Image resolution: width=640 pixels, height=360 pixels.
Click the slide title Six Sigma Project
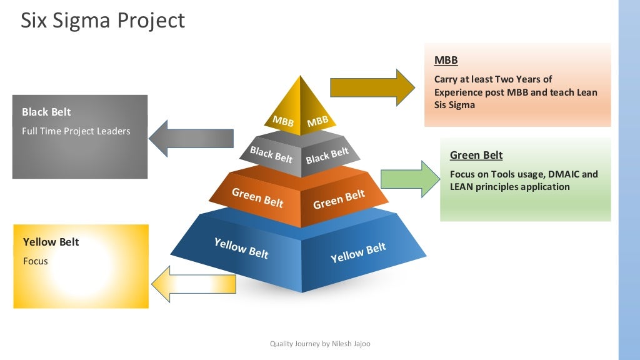point(103,21)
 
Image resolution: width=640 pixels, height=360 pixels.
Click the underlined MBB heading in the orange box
point(446,60)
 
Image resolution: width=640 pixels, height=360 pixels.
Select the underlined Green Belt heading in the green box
point(476,155)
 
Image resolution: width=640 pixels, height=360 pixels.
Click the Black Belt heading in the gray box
point(46,112)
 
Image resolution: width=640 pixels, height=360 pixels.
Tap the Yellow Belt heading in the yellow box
point(51,242)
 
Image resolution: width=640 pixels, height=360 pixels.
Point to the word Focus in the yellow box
point(35,261)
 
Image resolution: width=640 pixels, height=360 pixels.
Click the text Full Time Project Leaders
point(76,131)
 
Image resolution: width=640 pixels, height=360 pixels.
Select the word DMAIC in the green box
point(564,174)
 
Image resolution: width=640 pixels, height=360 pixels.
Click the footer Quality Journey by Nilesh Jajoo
point(320,344)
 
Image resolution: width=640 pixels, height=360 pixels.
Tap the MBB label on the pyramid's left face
point(283,121)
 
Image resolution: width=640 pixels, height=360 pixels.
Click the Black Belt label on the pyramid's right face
point(327,156)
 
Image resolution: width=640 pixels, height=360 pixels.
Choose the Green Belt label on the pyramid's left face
point(257,197)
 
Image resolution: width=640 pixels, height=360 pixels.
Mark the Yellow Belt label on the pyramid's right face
point(358,252)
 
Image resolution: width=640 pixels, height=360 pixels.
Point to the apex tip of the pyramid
point(301,76)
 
